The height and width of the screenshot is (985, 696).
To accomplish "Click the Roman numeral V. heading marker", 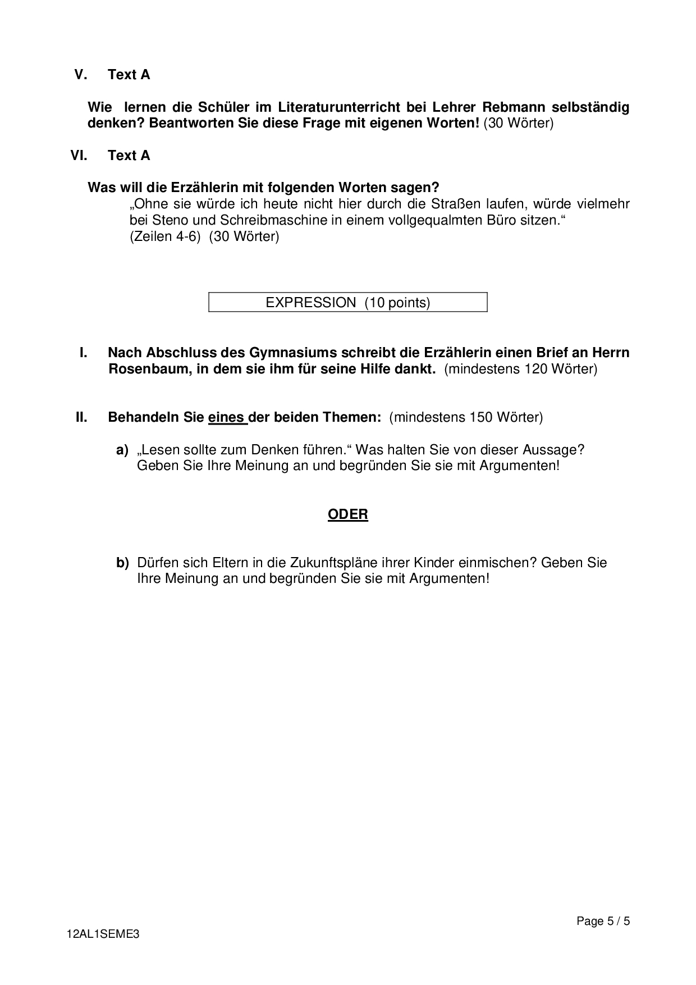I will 81,75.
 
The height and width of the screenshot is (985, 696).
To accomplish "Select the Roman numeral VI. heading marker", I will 79,156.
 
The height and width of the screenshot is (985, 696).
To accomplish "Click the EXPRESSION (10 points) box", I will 347,303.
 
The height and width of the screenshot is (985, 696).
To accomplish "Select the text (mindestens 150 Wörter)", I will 466,417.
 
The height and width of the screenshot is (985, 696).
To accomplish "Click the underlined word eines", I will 227,417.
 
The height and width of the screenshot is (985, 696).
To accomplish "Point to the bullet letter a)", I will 122,450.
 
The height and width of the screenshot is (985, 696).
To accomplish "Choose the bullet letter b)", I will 122,563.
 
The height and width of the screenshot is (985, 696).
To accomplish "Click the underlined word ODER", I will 348,514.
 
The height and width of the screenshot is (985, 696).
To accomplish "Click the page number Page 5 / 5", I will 603,921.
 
